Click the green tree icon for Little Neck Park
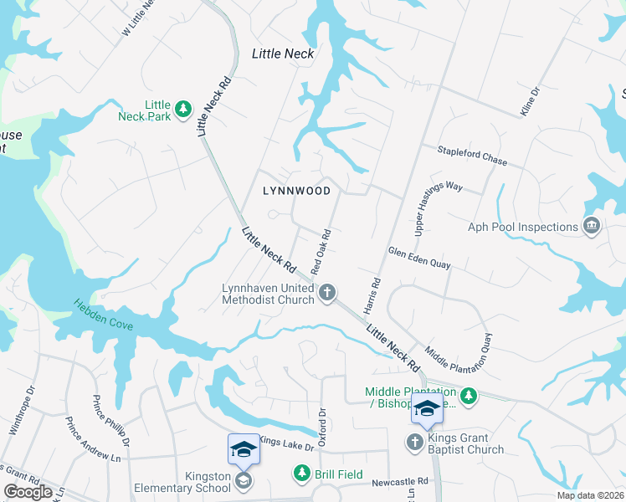[x=183, y=109]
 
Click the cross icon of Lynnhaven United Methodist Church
[x=327, y=292]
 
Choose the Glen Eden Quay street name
[x=419, y=258]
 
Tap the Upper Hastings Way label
[x=439, y=206]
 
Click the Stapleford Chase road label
[x=472, y=156]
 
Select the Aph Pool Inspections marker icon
[x=591, y=226]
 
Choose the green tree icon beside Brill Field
[x=301, y=474]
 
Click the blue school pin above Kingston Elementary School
[x=244, y=450]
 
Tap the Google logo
[x=28, y=492]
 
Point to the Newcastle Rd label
[x=400, y=481]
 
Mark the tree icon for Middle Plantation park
[x=469, y=394]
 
